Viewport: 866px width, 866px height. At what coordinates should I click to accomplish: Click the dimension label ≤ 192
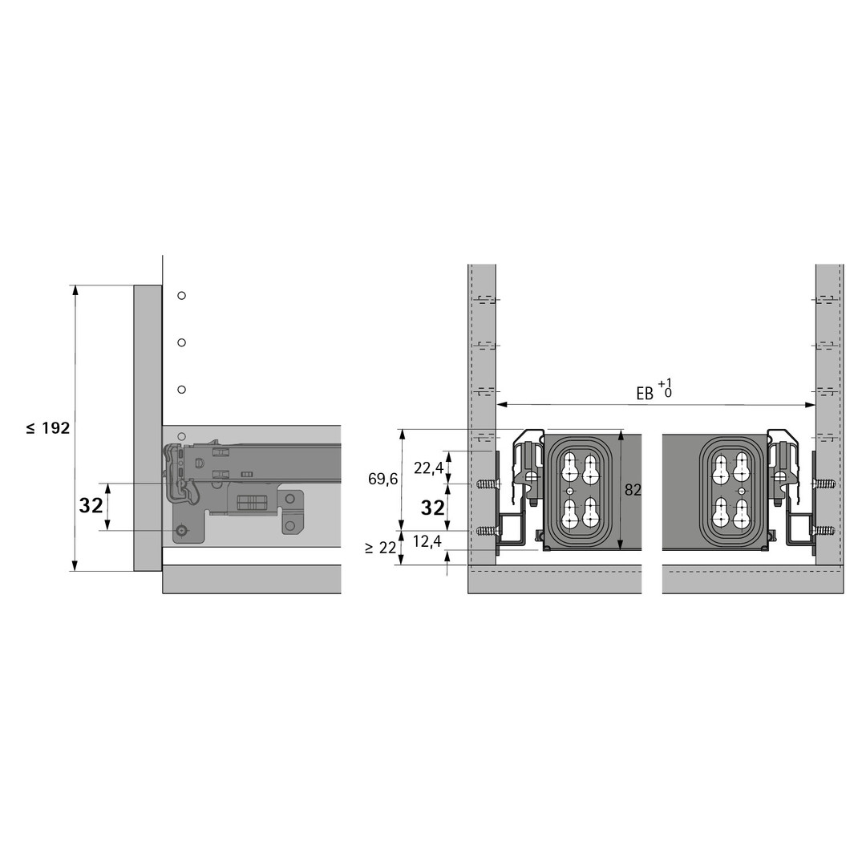(x=48, y=428)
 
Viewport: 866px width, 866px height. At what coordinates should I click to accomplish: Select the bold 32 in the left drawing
(x=91, y=505)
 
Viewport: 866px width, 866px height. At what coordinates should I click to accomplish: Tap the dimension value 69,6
(x=382, y=479)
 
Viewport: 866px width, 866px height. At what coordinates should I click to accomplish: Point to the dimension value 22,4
(x=428, y=468)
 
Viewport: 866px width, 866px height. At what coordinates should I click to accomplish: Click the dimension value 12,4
(x=427, y=542)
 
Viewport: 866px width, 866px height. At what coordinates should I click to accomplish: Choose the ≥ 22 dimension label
(x=381, y=548)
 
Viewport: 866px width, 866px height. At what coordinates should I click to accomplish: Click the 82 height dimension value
(x=633, y=490)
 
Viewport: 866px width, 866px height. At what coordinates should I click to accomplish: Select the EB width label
(x=645, y=394)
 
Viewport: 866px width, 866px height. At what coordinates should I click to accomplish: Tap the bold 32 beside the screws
(x=432, y=508)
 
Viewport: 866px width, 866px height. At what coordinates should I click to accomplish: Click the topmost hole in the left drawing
(x=181, y=295)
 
